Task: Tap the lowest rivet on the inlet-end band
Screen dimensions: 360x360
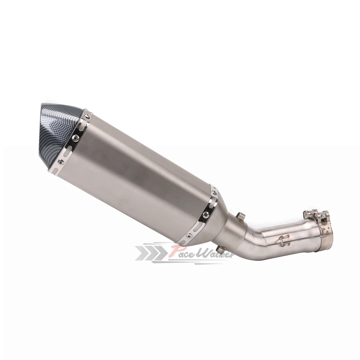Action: [x=189, y=235]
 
